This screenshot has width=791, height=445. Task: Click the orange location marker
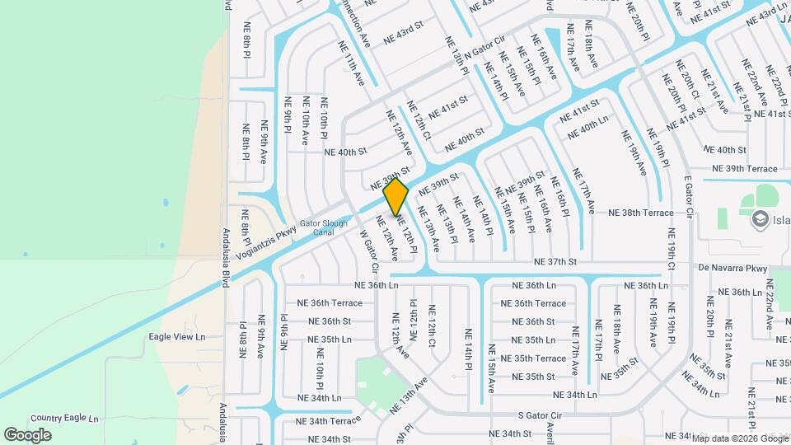point(396,197)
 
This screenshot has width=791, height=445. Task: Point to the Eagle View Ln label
point(176,337)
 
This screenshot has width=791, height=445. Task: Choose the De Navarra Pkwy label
point(732,268)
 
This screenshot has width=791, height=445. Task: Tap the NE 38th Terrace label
point(641,213)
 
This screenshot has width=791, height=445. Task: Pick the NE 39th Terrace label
point(739,168)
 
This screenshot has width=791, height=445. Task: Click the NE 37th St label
point(555,261)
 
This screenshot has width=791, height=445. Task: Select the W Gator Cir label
point(368,251)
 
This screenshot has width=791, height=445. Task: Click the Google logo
point(27,435)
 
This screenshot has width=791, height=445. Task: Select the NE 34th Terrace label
point(323,421)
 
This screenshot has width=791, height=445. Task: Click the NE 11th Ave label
point(349,65)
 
